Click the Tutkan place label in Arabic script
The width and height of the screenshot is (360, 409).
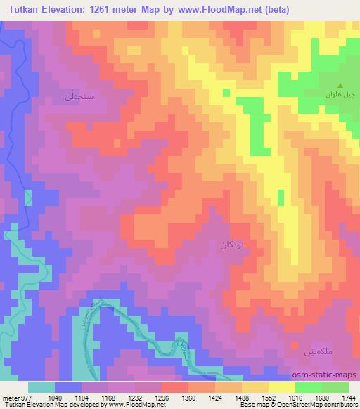231,245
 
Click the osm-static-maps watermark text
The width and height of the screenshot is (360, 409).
328,375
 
